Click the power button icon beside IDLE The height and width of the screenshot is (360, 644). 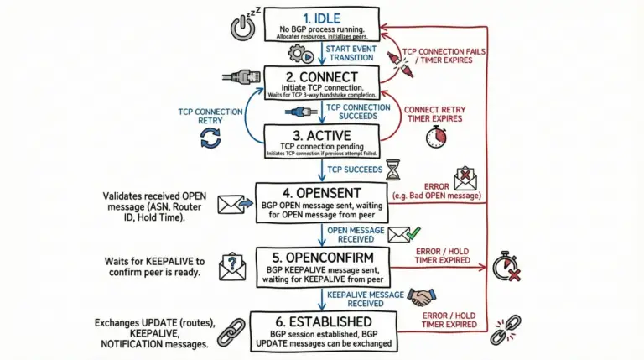point(241,29)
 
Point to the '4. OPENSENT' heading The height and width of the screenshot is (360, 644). point(323,193)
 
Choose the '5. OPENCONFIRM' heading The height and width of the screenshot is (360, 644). point(323,255)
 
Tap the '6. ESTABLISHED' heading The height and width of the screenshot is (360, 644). point(323,321)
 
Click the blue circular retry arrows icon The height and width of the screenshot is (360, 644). point(210,139)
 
